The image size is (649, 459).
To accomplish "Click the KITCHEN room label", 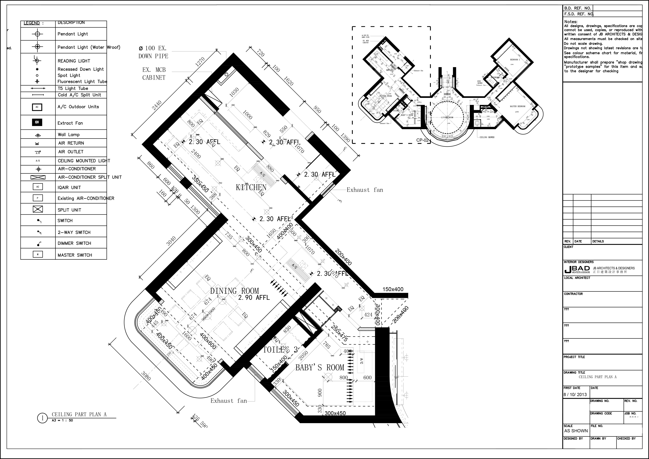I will click(x=251, y=187).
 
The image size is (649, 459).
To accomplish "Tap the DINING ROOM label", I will click(x=234, y=291).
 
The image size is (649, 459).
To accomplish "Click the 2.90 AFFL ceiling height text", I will click(x=254, y=298).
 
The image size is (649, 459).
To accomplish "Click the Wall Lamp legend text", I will click(x=69, y=135).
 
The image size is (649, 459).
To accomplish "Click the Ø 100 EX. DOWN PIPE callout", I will click(x=153, y=52).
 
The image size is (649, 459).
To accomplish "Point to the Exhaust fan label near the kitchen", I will click(x=365, y=190).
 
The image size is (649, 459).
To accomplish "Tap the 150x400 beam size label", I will click(x=393, y=289).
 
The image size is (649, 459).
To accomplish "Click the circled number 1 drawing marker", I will click(x=42, y=418).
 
